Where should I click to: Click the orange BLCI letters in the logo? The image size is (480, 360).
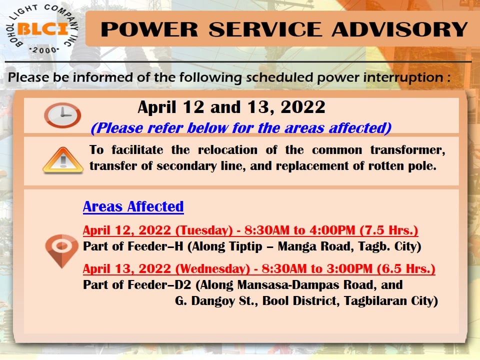click(42, 29)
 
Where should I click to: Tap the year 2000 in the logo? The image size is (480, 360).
click(44, 50)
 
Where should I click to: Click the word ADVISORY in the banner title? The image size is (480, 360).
click(399, 29)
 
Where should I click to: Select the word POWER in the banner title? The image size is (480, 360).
click(149, 29)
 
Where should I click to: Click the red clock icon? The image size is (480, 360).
click(62, 115)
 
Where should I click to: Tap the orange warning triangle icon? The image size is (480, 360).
click(63, 160)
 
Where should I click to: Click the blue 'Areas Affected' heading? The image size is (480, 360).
click(133, 206)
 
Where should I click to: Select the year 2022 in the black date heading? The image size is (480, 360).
click(303, 107)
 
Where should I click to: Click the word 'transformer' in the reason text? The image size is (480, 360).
click(407, 150)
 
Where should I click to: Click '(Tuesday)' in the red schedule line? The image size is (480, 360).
click(204, 230)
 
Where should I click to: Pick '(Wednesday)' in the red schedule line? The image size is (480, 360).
click(212, 269)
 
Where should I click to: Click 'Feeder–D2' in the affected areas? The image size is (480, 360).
click(159, 284)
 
